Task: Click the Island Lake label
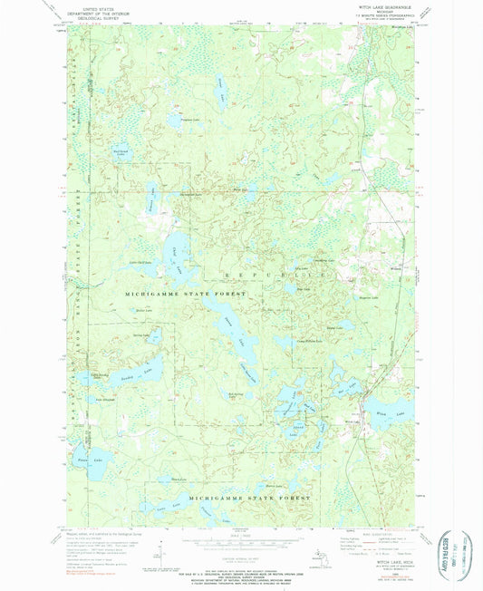point(298,425)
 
